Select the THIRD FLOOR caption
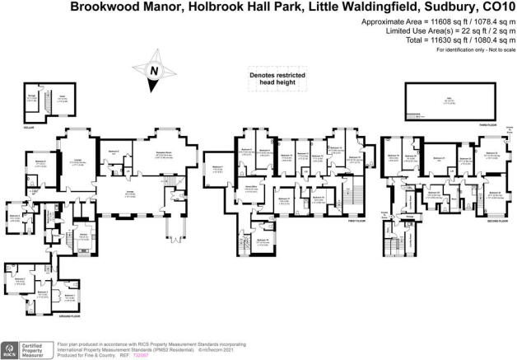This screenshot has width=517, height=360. (494, 124)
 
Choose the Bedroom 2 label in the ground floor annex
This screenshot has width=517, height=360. (20, 279)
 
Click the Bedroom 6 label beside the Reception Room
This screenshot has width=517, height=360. (114, 152)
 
